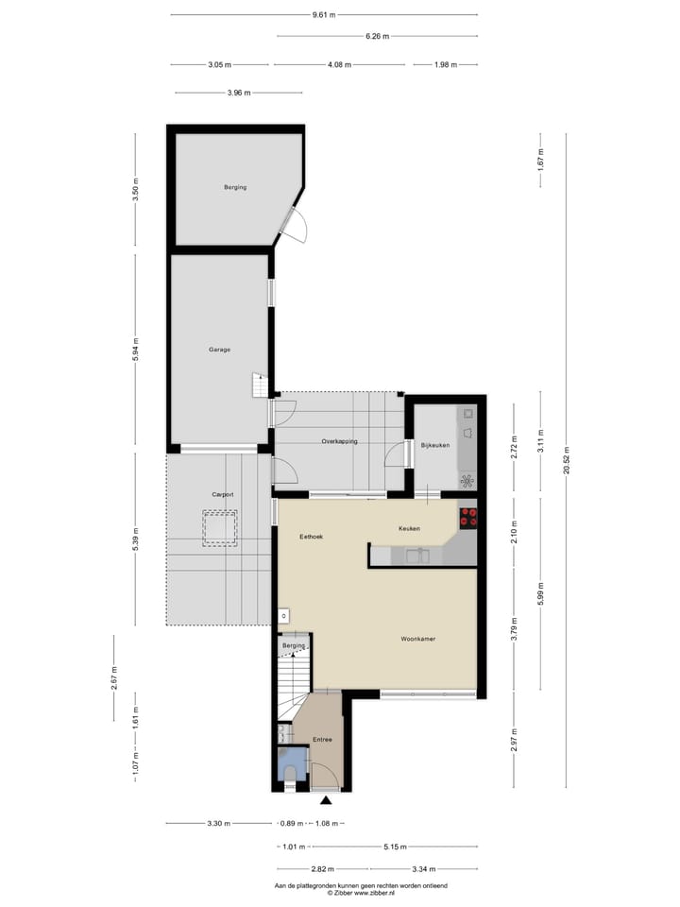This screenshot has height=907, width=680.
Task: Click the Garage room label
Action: point(219,350)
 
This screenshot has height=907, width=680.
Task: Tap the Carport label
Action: point(223,495)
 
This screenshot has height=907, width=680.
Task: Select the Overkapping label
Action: point(339,441)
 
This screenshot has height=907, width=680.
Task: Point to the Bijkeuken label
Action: point(434,444)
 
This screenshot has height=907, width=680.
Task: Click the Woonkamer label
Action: point(416,639)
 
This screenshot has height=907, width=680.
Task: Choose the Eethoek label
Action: point(312,536)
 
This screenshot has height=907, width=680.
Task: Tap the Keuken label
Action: point(409,528)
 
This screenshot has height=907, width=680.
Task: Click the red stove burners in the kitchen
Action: point(468,517)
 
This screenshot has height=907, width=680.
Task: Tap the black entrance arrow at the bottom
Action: point(326,800)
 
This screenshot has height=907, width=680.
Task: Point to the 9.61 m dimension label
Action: point(324,14)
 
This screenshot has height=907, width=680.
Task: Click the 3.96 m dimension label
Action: point(240,93)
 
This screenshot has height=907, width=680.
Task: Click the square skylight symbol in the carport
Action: point(218,527)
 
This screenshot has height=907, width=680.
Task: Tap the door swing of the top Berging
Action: point(295,227)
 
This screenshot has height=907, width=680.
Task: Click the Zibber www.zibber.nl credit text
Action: point(360,892)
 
